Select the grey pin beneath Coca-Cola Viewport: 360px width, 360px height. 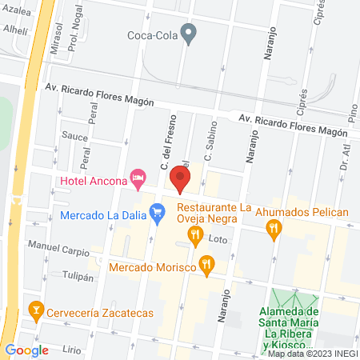189,34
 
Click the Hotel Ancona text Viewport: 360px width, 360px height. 94,180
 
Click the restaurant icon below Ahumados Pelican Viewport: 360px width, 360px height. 274,230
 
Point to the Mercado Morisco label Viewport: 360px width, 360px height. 152,266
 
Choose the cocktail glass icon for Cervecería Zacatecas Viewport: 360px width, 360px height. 35,309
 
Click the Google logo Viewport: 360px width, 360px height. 26,350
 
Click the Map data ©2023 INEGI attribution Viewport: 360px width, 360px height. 313,353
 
